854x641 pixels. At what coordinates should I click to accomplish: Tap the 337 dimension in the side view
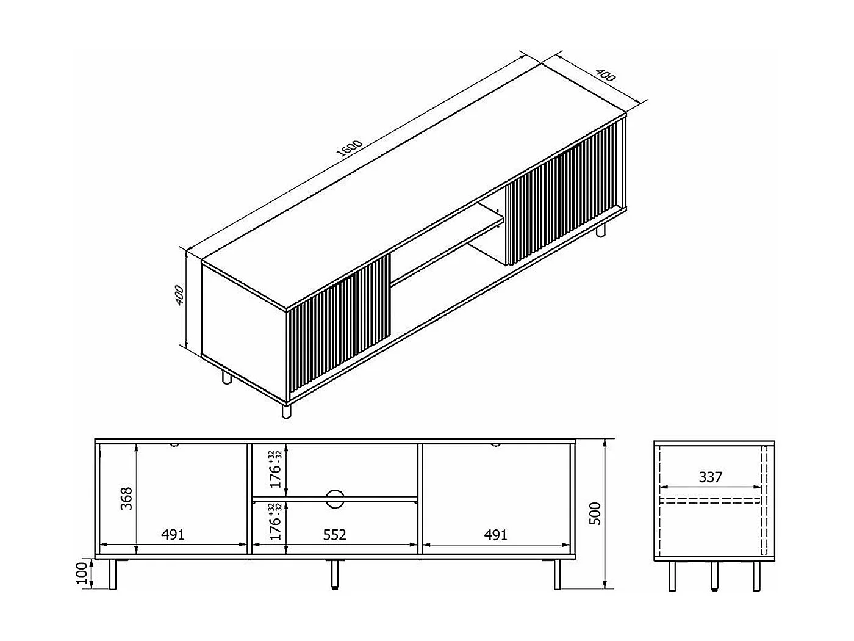tap(710, 476)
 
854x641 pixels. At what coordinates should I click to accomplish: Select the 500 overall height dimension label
tap(596, 513)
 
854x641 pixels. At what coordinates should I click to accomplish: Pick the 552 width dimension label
tap(334, 535)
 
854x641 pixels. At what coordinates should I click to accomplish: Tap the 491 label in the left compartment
tap(173, 535)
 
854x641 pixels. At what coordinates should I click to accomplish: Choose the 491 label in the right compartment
tap(495, 535)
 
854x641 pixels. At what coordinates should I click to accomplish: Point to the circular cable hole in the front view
tap(335, 498)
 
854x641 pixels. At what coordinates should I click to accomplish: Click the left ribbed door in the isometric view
tap(339, 324)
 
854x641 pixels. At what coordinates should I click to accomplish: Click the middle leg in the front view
tap(334, 575)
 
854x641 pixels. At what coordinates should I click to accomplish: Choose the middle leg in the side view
tap(714, 575)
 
